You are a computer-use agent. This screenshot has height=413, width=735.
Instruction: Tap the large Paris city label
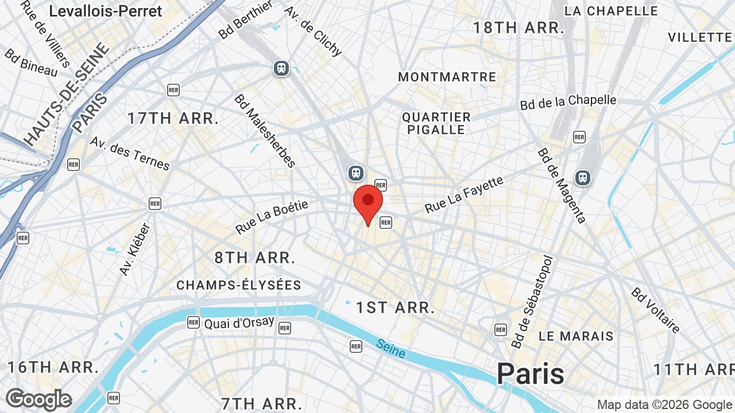click(x=531, y=373)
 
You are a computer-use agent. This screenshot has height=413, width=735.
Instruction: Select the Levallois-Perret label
click(x=106, y=10)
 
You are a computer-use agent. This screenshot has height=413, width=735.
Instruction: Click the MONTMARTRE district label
click(x=447, y=77)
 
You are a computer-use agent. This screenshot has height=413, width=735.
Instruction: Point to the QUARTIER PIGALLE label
click(x=436, y=123)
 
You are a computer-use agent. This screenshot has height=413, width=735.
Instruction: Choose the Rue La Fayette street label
click(x=464, y=195)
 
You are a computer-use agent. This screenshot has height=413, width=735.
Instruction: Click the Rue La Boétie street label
click(x=272, y=217)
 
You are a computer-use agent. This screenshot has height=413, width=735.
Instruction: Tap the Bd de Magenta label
click(x=562, y=185)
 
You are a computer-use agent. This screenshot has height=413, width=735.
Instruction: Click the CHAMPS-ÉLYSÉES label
click(x=239, y=285)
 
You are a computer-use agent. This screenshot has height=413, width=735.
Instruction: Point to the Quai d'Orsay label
click(x=239, y=323)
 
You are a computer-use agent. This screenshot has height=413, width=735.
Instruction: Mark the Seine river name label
click(x=391, y=348)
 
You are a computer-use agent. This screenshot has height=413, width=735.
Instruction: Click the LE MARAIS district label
click(x=576, y=336)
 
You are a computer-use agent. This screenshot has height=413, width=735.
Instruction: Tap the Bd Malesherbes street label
click(x=265, y=131)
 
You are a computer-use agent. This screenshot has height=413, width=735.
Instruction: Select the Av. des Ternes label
click(x=130, y=153)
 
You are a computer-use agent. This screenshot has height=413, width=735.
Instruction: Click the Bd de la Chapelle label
click(x=568, y=102)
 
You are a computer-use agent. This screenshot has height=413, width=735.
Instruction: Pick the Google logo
click(x=38, y=400)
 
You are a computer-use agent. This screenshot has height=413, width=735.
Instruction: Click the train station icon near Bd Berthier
click(x=281, y=68)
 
